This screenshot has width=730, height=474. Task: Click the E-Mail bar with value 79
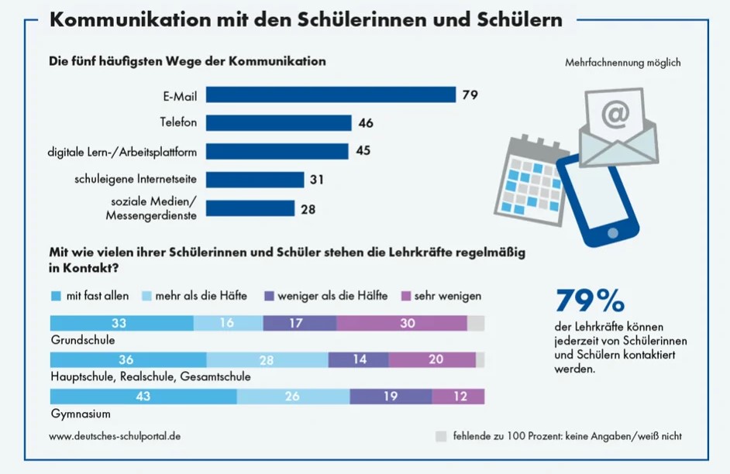pos(331,94)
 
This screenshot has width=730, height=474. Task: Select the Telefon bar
pos(279,122)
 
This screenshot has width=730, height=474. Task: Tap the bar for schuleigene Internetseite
pos(255,180)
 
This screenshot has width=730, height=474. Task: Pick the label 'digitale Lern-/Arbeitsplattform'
pos(122,151)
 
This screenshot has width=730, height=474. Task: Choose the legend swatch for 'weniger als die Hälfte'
pos(268,295)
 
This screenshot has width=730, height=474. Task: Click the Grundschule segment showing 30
pos(408,324)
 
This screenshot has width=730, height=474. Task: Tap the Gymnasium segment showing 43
pos(143,397)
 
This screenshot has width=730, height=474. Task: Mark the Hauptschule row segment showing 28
pos(267,360)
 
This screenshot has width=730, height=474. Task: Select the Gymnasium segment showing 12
pos(458,397)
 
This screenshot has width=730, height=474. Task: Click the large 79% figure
pos(591,300)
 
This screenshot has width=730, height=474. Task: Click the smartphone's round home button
pos(613,232)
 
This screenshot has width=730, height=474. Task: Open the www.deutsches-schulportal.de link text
pos(115,436)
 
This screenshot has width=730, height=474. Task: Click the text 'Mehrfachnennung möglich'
pos(623,63)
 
